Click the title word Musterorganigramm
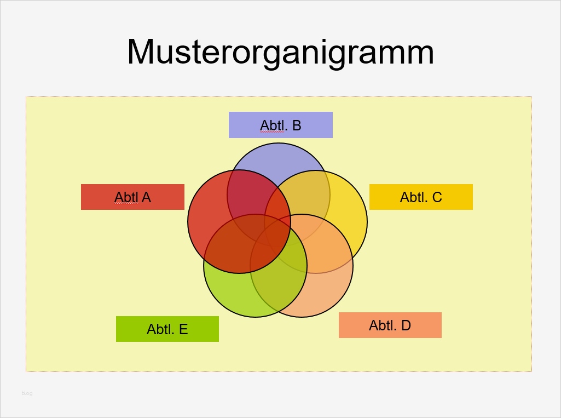point(280,53)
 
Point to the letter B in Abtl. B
point(296,125)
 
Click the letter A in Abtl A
point(146,197)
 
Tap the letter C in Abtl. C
point(437,197)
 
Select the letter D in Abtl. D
point(406,325)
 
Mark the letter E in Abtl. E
point(183,329)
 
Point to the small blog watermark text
point(27,393)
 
